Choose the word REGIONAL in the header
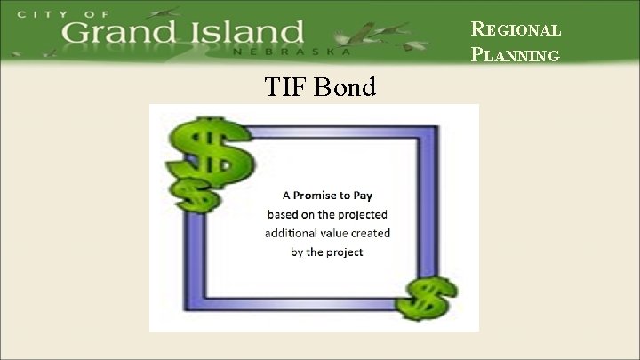point(516,28)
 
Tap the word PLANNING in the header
point(516,55)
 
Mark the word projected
point(362,214)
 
